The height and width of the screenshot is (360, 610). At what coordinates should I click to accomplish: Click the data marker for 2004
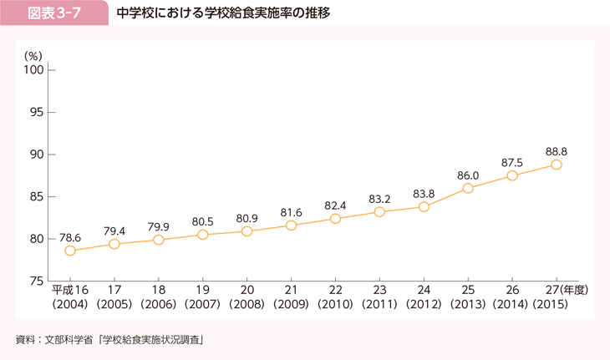[x=70, y=251]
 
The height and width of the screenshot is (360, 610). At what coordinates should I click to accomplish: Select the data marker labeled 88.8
[x=557, y=165]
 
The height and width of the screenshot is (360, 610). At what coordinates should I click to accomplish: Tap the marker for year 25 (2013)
[x=468, y=188]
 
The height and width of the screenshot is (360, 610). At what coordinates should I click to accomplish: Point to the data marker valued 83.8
[x=424, y=206]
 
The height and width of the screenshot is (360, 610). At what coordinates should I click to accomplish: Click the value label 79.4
[x=114, y=230]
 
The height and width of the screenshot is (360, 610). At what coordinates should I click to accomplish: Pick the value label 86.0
[x=468, y=175]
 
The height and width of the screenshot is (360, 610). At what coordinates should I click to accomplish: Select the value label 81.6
[x=291, y=211]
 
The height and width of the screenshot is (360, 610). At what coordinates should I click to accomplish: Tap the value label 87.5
[x=512, y=162]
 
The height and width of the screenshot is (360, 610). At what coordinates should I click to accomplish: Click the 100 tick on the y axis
[x=34, y=69]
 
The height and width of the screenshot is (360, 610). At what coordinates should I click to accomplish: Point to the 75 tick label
[x=38, y=281]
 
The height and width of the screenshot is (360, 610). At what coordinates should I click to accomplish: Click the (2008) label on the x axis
[x=247, y=306]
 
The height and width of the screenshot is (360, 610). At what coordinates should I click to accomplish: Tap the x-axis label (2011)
[x=379, y=306]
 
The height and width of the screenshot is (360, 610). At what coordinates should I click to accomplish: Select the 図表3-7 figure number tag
[x=54, y=14]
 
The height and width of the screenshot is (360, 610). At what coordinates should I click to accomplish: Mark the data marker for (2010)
[x=335, y=219]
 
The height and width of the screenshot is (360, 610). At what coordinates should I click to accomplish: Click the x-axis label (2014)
[x=512, y=306]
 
